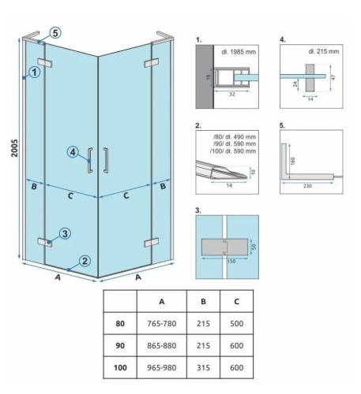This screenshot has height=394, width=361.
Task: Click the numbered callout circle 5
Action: pos(55,33)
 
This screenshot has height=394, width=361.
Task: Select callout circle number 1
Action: pos(35,72)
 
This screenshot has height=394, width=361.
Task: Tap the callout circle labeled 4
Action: pos(73,152)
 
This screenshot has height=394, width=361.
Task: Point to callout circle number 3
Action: pos(65,233)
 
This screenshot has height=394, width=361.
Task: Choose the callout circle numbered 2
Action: pos(85,261)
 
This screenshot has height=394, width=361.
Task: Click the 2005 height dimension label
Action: pos(14,148)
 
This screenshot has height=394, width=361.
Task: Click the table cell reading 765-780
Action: pos(162,323)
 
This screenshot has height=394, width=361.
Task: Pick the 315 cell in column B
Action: pos(203,367)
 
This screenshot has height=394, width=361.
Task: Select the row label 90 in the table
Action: pos(120,345)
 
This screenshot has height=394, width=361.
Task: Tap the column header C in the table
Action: pos(236,302)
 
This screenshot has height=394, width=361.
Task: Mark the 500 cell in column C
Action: pos(236,323)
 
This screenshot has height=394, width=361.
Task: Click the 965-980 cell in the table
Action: pos(162,367)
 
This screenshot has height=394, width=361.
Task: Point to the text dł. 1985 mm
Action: pos(239,52)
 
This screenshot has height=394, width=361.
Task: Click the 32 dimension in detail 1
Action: pos(231,95)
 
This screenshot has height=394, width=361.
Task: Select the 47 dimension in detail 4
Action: pos(333,77)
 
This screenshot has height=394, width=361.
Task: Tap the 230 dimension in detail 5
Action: pos(307,186)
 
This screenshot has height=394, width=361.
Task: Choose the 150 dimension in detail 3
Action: pos(231,261)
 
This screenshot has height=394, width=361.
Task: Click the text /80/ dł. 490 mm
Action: pos(235,137)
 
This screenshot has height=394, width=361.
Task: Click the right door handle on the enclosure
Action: pos(106,160)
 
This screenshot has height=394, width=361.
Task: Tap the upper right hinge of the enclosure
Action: pos(152,63)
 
